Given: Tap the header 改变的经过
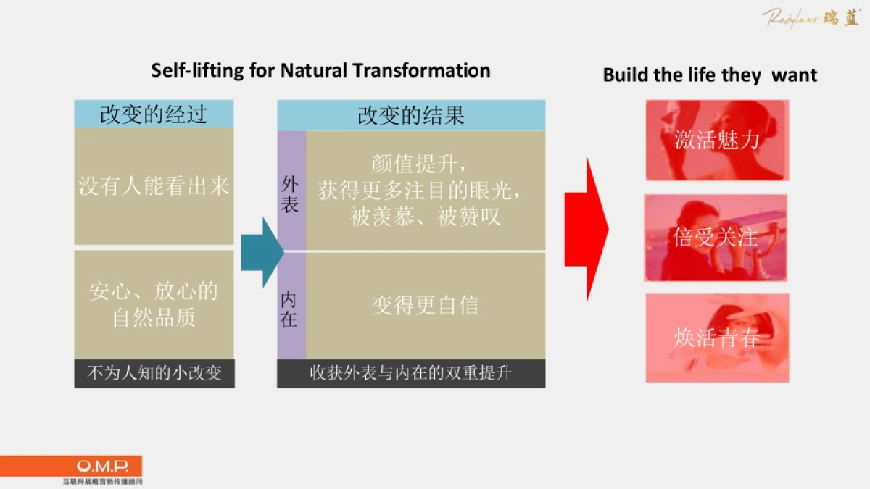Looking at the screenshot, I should (x=154, y=114).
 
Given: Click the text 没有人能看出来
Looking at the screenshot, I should (x=154, y=186).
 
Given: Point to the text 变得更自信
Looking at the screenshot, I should (x=425, y=305).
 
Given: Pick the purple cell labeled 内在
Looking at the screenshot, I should (x=290, y=308).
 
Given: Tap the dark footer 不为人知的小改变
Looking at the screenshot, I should (x=154, y=374).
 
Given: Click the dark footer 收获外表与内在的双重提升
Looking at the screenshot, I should (x=411, y=374).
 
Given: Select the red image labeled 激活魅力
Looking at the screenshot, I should (x=716, y=139).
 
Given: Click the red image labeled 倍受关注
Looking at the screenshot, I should (x=716, y=238).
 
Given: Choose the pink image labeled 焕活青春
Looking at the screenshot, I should (x=716, y=338).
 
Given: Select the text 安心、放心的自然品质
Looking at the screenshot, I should (x=154, y=305).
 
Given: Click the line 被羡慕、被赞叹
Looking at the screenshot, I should (x=425, y=217).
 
